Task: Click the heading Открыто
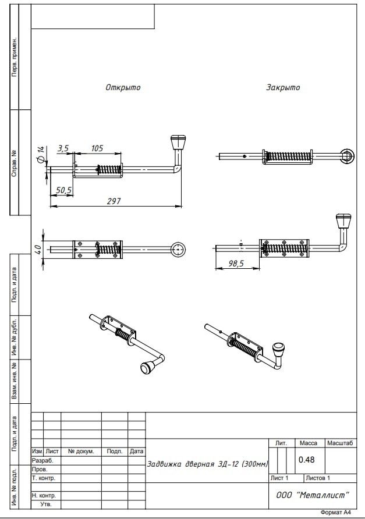[x=123, y=88]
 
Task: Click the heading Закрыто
[x=283, y=88]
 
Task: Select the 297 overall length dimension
[x=114, y=201]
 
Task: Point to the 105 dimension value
[x=97, y=148]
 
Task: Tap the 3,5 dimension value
[x=63, y=148]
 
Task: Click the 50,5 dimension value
[x=63, y=190]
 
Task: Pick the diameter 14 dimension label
[x=41, y=155]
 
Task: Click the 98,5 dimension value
[x=235, y=264]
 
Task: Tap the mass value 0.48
[x=306, y=460]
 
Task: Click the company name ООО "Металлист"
[x=313, y=495]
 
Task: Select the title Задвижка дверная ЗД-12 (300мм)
[x=207, y=464]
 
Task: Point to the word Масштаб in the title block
[x=340, y=443]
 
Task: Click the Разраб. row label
[x=42, y=460]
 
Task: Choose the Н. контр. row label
[x=44, y=495]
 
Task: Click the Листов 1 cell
[x=317, y=478]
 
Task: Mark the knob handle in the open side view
[x=178, y=143]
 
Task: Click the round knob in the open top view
[x=178, y=249]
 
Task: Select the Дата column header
[x=137, y=451]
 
